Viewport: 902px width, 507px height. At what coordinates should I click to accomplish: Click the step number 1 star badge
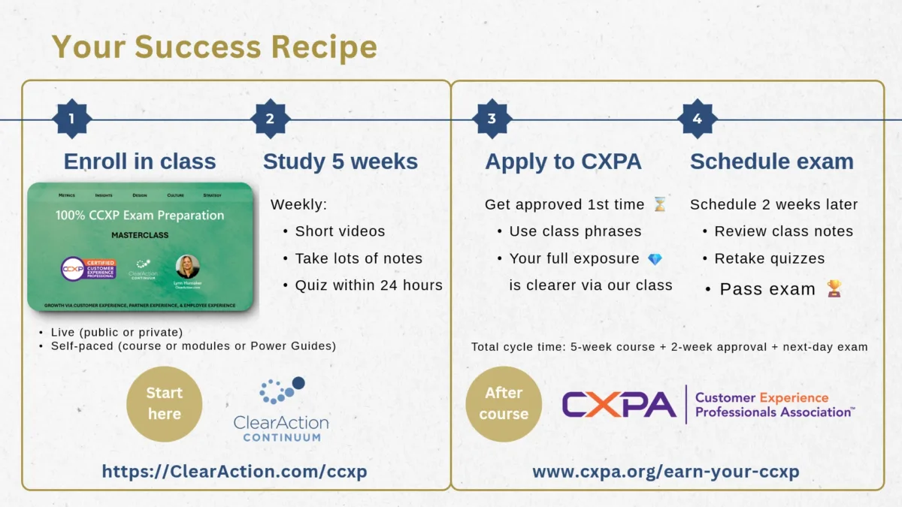pyautogui.click(x=71, y=119)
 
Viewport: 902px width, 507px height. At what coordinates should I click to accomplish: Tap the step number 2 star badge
pyautogui.click(x=270, y=119)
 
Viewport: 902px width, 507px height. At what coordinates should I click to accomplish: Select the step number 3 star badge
pyautogui.click(x=492, y=119)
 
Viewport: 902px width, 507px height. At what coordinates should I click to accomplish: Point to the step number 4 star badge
pyautogui.click(x=697, y=119)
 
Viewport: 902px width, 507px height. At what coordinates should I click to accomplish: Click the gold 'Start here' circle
pyautogui.click(x=164, y=403)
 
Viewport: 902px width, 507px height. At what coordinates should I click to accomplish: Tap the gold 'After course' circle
pyautogui.click(x=504, y=403)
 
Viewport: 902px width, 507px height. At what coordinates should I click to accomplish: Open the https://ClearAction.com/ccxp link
pyautogui.click(x=235, y=471)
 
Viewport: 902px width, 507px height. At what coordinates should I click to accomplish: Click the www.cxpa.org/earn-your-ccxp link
pyautogui.click(x=665, y=471)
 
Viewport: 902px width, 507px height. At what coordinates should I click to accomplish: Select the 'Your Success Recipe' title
pyautogui.click(x=214, y=47)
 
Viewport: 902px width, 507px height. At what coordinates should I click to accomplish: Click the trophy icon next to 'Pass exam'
pyautogui.click(x=834, y=288)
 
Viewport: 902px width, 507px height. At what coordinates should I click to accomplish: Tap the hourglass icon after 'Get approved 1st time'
pyautogui.click(x=659, y=204)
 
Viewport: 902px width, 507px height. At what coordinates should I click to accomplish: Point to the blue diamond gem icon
pyautogui.click(x=655, y=258)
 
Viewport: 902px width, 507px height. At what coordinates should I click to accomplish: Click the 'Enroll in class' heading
pyautogui.click(x=140, y=161)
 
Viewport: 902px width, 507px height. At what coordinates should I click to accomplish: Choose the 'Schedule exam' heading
pyautogui.click(x=771, y=161)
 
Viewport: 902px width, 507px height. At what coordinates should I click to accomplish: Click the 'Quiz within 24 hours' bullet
pyautogui.click(x=368, y=285)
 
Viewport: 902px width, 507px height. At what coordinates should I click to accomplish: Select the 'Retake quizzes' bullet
pyautogui.click(x=769, y=258)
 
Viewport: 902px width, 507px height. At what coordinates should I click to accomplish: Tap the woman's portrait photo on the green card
pyautogui.click(x=187, y=267)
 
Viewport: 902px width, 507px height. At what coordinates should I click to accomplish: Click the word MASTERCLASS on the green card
pyautogui.click(x=140, y=235)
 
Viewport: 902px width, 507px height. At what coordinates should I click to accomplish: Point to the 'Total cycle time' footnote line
pyautogui.click(x=669, y=347)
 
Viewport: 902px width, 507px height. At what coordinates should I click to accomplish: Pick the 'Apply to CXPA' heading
pyautogui.click(x=564, y=161)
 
